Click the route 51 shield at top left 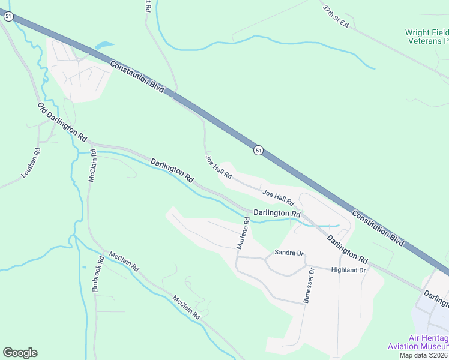point(8,17)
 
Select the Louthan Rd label point(31,163)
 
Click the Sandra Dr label point(289,253)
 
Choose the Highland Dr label point(348,271)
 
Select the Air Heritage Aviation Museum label point(418,342)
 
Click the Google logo point(20,353)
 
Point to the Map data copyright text point(424,355)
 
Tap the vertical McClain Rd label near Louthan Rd point(92,166)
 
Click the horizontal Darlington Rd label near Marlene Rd point(277,213)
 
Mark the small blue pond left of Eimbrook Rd point(83,267)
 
